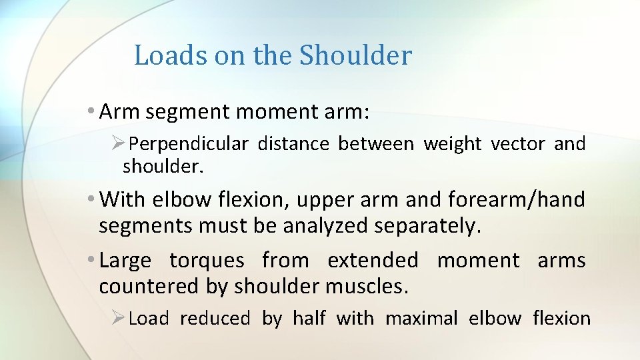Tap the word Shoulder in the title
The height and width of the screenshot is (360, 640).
click(355, 55)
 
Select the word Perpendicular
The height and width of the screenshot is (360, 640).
click(189, 144)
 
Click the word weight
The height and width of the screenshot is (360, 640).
click(453, 144)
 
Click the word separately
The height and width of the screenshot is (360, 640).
click(425, 226)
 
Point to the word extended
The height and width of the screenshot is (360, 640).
click(373, 260)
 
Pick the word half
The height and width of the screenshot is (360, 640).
click(307, 319)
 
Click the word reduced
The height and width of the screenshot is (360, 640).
click(215, 319)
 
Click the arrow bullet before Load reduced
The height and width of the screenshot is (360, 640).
click(119, 319)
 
